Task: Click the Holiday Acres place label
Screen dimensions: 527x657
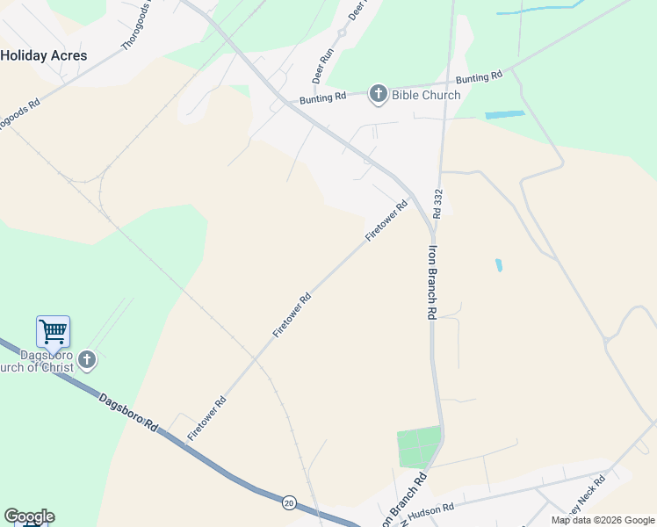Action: point(43,54)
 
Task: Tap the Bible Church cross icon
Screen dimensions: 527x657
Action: point(379,94)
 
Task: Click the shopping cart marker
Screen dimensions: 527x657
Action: point(53,332)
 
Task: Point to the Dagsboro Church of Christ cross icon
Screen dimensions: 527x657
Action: point(86,359)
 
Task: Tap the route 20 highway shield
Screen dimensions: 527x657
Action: point(289,502)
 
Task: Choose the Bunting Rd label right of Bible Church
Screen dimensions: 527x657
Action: point(479,78)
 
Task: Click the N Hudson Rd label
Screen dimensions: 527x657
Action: point(430,511)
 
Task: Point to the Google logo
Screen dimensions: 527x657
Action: point(29,516)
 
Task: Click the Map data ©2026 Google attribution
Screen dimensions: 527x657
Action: point(603,520)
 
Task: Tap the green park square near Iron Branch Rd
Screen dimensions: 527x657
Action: point(419,447)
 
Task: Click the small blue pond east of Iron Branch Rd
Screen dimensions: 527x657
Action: point(499,264)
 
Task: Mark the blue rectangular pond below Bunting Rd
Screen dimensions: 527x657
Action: point(504,114)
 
